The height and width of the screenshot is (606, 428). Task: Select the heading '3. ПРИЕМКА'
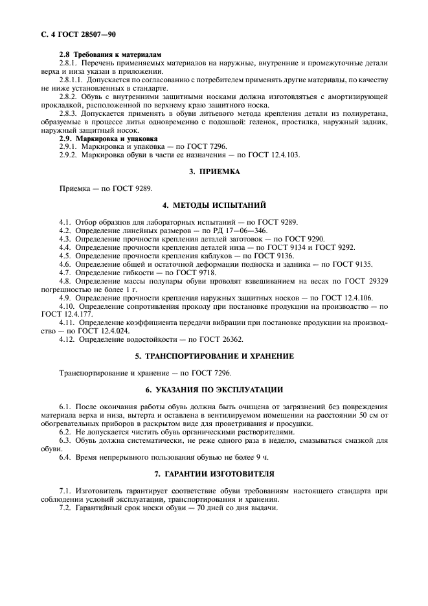214,172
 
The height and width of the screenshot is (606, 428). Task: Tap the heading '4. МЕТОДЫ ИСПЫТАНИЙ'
214,205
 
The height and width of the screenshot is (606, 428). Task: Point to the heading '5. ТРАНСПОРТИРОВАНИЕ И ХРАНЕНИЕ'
214,356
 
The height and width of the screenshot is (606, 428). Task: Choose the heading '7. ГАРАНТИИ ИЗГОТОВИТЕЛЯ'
214,474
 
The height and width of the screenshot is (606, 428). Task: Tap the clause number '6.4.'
65,457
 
